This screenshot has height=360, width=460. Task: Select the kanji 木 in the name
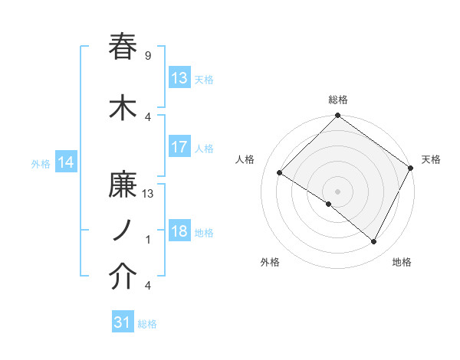tap(123, 109)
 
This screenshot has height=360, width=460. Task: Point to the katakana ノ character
tap(123, 231)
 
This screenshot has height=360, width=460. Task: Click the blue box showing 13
tap(179, 78)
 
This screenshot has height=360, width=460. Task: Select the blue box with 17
tap(179, 148)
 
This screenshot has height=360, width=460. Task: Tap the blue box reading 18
tap(179, 232)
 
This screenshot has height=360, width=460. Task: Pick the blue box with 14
tap(65, 162)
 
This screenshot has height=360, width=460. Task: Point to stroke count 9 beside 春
tap(148, 56)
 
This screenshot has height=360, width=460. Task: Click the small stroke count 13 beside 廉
tap(148, 194)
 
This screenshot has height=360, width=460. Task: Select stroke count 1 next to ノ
tap(148, 240)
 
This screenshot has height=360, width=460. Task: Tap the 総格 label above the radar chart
tap(338, 100)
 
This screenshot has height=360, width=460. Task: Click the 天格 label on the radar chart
tap(431, 159)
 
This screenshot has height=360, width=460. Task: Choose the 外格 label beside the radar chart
tap(270, 262)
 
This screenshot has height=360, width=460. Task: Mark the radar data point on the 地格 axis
tap(374, 242)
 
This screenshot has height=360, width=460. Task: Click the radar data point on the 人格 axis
tap(280, 173)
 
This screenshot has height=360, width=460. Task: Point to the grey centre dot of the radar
tap(337, 191)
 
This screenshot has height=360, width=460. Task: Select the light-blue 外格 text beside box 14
tap(41, 163)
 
